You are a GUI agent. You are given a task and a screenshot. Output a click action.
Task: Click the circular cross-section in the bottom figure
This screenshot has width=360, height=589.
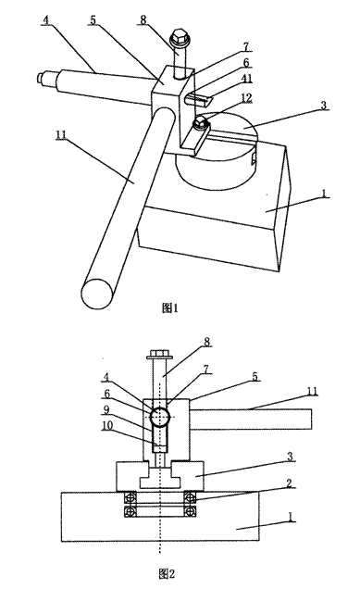coord(162,417)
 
